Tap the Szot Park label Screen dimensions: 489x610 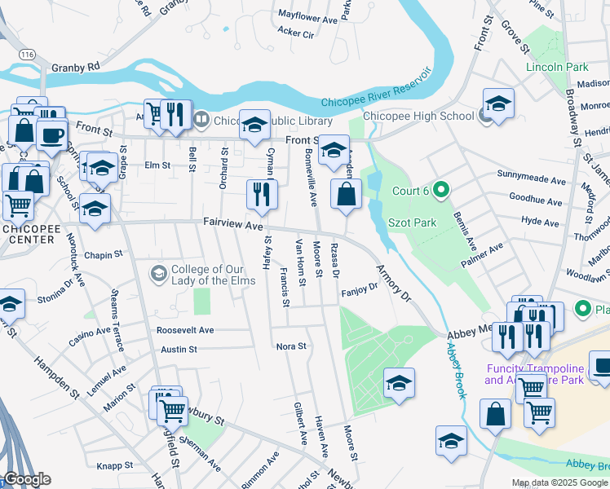click(417, 222)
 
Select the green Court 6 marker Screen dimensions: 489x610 click(441, 191)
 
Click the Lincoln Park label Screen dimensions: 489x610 click(557, 67)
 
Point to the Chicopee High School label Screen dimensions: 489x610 click(418, 116)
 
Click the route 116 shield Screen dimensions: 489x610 click(29, 54)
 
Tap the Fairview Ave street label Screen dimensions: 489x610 click(232, 222)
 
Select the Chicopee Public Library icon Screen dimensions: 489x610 click(201, 119)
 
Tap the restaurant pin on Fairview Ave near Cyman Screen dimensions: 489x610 click(263, 194)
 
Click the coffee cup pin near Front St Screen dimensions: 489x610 click(53, 135)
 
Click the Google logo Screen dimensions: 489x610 click(27, 479)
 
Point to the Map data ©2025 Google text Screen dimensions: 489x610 click(559, 482)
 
